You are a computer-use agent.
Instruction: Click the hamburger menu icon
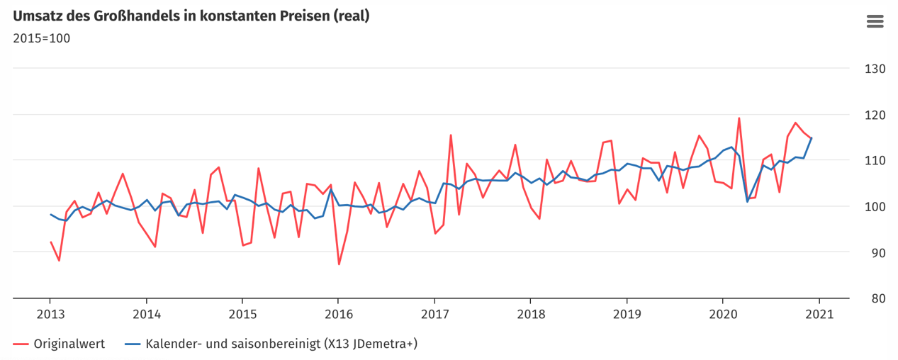(x=875, y=21)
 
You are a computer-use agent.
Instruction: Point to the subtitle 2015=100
(x=41, y=38)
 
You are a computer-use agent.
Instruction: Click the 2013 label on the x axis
(x=50, y=314)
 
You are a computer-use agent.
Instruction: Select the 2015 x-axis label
(x=242, y=314)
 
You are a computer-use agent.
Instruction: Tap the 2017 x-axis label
(x=434, y=314)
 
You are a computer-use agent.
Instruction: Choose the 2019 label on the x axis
(x=627, y=314)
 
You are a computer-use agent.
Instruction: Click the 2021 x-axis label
(x=819, y=314)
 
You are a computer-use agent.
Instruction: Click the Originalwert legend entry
(x=69, y=344)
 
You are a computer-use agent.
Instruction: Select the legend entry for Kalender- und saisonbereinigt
(x=281, y=344)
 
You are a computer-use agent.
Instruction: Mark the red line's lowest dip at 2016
(x=339, y=264)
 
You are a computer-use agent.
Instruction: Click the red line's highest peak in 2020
(x=739, y=118)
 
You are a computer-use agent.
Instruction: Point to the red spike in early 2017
(x=451, y=135)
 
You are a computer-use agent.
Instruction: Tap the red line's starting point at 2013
(x=50, y=242)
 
